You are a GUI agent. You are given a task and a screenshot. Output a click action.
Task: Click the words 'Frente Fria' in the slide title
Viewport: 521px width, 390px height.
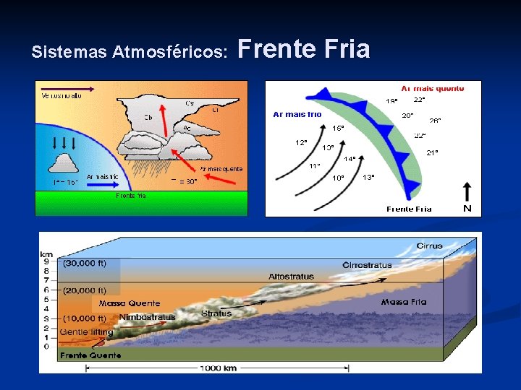(x=303, y=49)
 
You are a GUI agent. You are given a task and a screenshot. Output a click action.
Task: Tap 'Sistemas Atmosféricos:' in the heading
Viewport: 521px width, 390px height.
(x=130, y=52)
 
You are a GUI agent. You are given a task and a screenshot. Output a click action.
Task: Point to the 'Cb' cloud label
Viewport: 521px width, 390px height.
(x=148, y=117)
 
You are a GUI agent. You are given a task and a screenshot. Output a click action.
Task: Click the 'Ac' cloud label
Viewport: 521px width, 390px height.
(x=187, y=129)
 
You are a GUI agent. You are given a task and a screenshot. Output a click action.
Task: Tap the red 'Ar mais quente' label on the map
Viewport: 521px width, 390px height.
(x=433, y=88)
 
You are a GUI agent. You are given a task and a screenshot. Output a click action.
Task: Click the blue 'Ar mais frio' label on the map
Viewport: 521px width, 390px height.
(x=297, y=114)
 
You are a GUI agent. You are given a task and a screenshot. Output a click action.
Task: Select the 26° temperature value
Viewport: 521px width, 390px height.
(x=435, y=121)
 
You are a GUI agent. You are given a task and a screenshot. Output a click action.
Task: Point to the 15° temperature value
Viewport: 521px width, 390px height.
(x=338, y=128)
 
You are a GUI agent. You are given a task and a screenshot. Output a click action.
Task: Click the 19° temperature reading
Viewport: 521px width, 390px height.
(x=391, y=101)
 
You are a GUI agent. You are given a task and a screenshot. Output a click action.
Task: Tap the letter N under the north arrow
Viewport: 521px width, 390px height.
(x=467, y=208)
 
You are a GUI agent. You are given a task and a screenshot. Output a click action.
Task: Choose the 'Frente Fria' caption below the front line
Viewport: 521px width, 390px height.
(x=409, y=209)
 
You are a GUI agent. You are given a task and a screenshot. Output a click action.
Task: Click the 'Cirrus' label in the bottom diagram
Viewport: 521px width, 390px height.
(x=429, y=246)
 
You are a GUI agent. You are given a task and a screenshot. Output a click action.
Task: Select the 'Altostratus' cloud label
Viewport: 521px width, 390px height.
(x=291, y=277)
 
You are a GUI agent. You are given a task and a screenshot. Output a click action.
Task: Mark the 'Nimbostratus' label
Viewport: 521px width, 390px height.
(x=147, y=317)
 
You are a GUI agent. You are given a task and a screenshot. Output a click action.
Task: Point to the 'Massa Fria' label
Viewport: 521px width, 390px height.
(x=404, y=302)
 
